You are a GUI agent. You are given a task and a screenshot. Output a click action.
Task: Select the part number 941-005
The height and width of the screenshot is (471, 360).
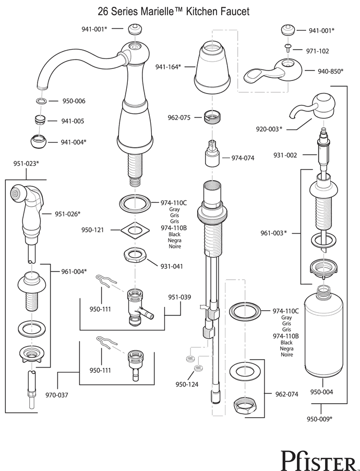tap(72, 121)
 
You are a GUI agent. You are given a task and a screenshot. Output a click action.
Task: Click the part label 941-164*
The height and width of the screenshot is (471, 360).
tap(168, 66)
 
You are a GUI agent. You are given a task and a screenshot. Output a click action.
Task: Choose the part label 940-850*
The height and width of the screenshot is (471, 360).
tap(330, 71)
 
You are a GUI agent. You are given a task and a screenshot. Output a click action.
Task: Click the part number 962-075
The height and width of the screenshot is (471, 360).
tap(178, 117)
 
